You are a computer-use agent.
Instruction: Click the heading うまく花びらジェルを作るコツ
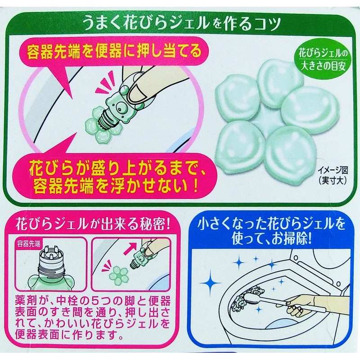[183, 23]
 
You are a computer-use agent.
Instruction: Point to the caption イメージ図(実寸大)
[332, 175]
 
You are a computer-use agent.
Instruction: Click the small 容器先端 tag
[29, 244]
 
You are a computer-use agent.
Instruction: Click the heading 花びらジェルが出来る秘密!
[93, 225]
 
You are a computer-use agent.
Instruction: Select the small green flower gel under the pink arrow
[118, 274]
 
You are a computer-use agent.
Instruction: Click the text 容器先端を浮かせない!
[115, 186]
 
